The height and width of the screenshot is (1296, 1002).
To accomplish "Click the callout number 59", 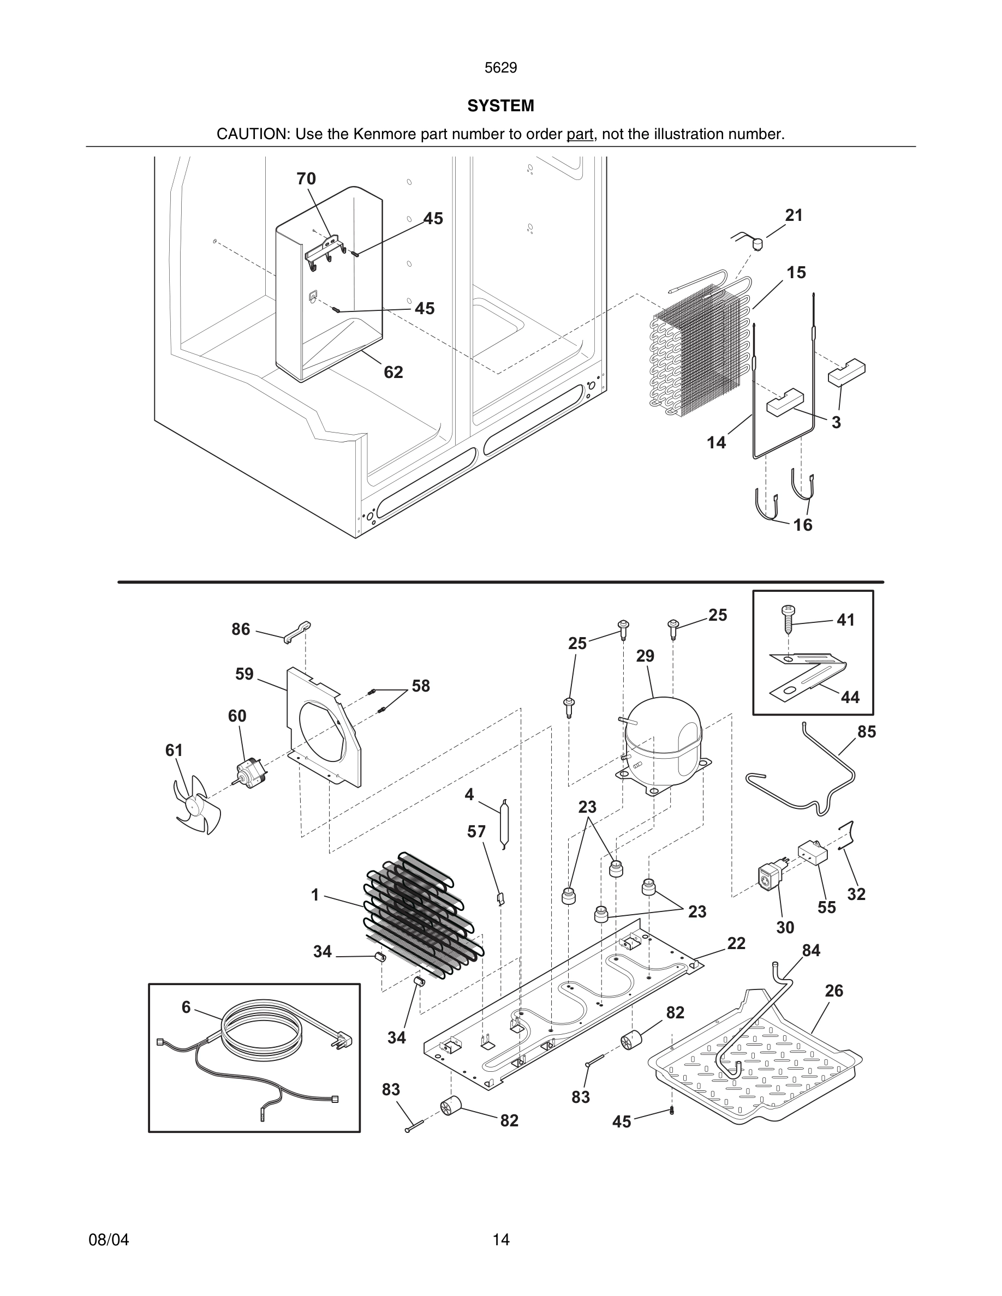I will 244,674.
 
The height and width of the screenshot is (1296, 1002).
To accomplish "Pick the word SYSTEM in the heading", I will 500,106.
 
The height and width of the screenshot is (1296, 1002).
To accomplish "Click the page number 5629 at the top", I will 500,68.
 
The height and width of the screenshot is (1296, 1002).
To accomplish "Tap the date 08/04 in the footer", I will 109,1240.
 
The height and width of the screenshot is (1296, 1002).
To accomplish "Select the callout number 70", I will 306,178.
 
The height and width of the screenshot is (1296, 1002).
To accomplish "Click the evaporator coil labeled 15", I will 700,350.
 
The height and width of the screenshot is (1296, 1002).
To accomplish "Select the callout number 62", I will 393,372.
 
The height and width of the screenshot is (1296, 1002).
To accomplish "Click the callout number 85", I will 866,732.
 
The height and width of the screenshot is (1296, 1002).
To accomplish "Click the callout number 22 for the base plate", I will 736,944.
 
